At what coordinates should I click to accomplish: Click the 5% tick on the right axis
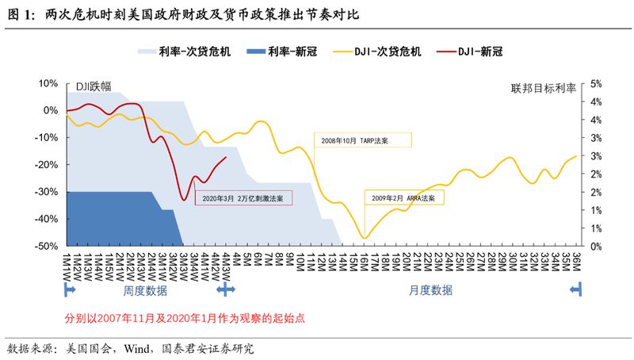coord(597,83)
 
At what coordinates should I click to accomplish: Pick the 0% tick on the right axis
coord(597,246)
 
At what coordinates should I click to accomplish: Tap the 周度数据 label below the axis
coord(146,291)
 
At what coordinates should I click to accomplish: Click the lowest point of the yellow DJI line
coord(365,237)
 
